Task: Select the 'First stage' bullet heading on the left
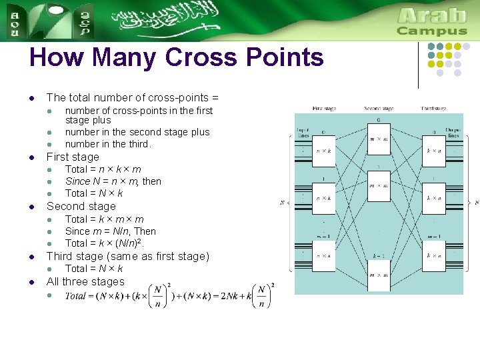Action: [73, 157]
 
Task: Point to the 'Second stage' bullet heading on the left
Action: [81, 207]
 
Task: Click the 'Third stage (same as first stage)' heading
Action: [127, 257]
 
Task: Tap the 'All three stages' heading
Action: [85, 282]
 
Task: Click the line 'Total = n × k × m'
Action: [103, 169]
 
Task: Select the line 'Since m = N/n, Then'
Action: [111, 231]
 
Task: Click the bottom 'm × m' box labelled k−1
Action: [379, 275]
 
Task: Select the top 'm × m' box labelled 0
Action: [379, 138]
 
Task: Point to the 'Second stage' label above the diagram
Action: [379, 108]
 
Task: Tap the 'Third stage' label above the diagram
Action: [433, 108]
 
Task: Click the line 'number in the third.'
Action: [108, 144]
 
